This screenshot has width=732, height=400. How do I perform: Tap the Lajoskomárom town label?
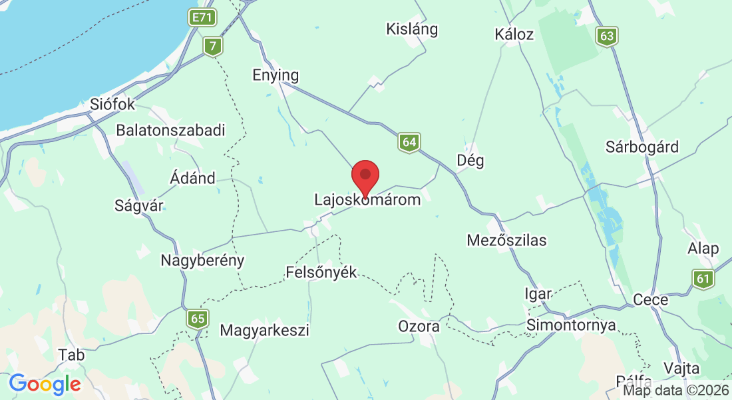click(x=367, y=199)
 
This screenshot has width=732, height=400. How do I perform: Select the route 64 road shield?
click(x=409, y=142)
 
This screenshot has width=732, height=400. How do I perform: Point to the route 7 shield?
click(x=213, y=46)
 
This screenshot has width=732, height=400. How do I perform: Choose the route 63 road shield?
click(x=607, y=36)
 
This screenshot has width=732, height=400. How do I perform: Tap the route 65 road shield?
click(x=198, y=319)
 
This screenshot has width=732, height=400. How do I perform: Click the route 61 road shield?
click(x=703, y=279)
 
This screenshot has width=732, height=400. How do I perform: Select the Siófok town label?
click(x=112, y=105)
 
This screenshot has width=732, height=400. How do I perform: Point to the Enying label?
click(x=275, y=75)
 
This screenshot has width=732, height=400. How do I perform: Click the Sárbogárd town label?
click(x=642, y=147)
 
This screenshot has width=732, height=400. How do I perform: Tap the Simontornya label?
click(x=570, y=325)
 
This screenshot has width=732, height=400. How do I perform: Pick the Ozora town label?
click(x=419, y=327)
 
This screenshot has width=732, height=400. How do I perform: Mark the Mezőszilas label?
click(x=506, y=240)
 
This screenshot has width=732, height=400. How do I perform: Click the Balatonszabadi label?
click(x=171, y=130)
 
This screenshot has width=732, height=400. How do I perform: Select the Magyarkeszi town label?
click(x=264, y=330)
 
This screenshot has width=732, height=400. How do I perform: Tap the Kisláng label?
click(x=412, y=29)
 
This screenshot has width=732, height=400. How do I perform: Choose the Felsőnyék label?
click(x=321, y=272)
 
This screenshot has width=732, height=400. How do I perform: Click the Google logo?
click(x=45, y=384)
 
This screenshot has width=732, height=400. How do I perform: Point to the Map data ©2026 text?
click(x=676, y=391)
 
